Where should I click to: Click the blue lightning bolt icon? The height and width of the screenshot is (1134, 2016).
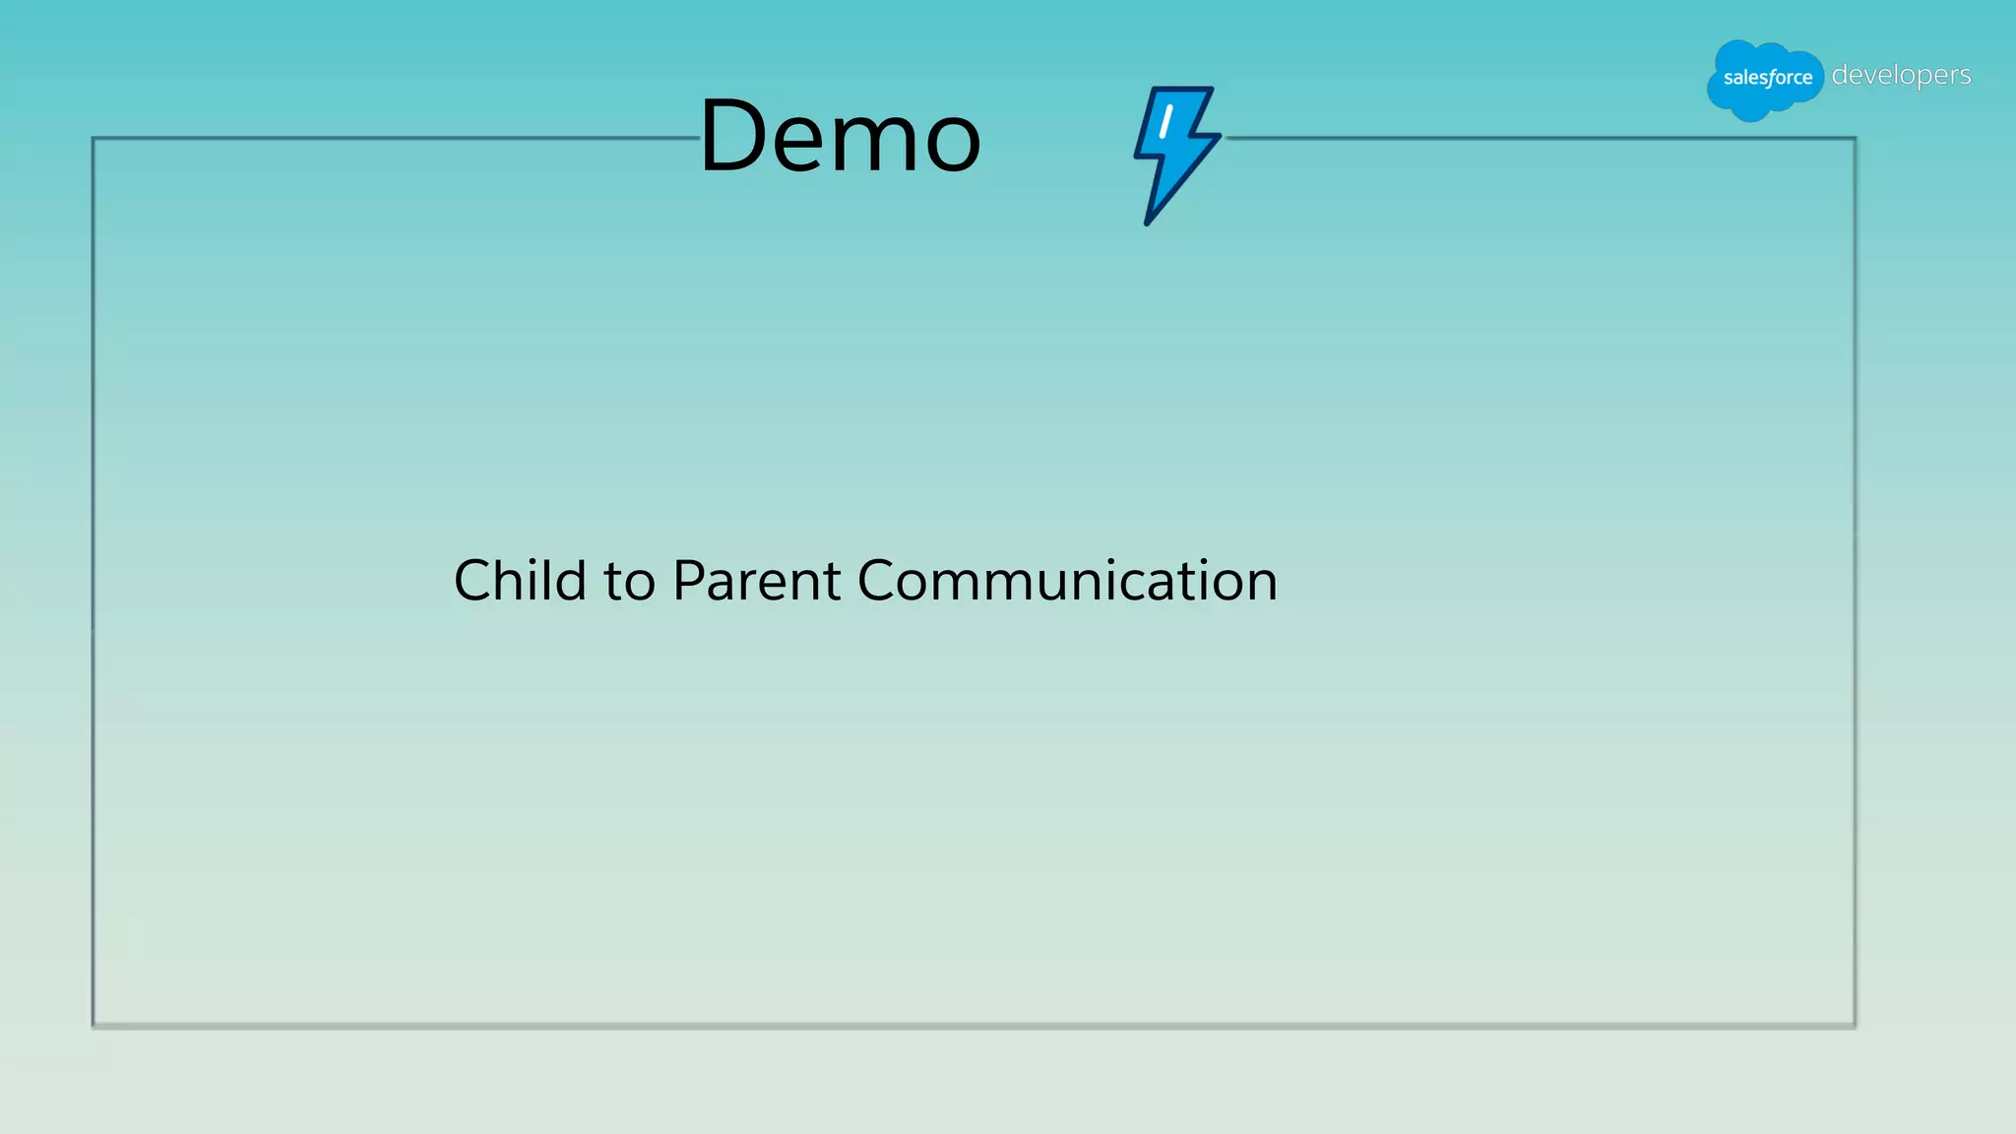(x=1175, y=153)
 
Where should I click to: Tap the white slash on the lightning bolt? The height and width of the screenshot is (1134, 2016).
(x=1165, y=121)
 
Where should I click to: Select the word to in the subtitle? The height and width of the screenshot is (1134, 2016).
(x=629, y=582)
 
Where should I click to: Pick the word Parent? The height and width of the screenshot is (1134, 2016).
(x=756, y=580)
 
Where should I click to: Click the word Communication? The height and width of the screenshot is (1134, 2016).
(x=1067, y=580)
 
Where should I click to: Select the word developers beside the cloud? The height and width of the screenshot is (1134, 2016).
(x=1901, y=76)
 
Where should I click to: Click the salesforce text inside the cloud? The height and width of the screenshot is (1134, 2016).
(x=1767, y=78)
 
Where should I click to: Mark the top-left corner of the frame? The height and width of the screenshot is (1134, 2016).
(x=94, y=139)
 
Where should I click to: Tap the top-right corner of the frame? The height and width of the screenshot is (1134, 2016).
(x=1855, y=139)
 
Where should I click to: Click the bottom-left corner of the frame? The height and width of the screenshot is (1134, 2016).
(x=94, y=1026)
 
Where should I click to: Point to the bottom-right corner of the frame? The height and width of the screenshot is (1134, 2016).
(x=1855, y=1026)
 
